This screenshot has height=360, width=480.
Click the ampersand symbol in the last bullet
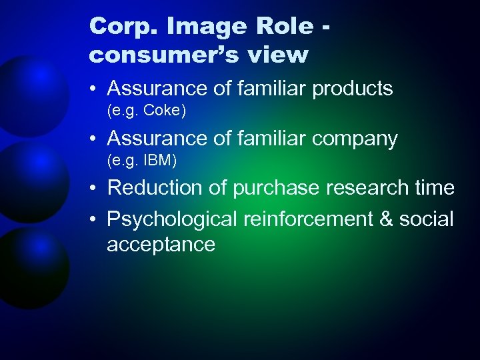[385, 218]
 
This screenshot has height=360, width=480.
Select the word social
[427, 218]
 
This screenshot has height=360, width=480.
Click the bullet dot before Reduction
[95, 189]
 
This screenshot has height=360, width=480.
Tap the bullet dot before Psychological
[95, 218]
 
